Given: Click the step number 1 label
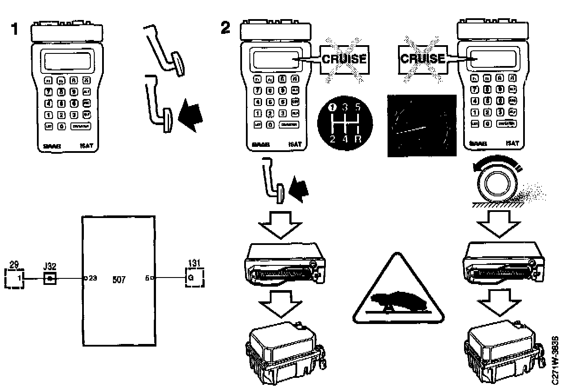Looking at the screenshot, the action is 15,30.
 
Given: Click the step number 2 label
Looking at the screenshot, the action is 225,29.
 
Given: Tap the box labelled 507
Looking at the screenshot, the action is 118,280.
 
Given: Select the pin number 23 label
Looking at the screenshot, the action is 93,278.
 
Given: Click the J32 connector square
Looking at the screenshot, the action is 50,278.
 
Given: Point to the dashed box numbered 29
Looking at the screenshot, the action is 14,278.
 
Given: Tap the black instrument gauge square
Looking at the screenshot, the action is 421,126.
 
